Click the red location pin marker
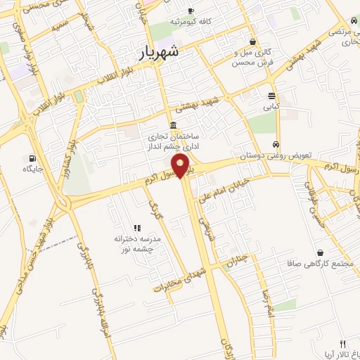coord(181,167)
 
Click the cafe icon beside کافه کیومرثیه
coord(191,11)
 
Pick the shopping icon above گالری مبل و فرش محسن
coord(252,41)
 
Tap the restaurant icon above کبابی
coord(271,96)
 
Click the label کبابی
coord(271,108)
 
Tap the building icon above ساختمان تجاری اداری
coord(173,126)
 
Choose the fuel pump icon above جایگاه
coord(32,157)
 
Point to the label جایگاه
coord(32,169)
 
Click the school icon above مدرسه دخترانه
coord(137,228)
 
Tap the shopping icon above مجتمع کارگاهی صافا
coord(321,252)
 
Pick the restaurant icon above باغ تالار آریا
coord(342,344)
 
